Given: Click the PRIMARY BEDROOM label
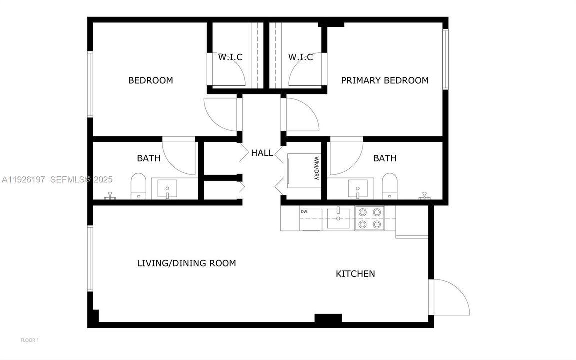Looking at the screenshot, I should coord(385,80).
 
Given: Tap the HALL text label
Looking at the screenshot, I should coord(262,153).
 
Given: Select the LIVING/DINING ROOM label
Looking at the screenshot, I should coord(186,263).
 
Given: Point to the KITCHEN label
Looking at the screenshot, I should coord(355,274).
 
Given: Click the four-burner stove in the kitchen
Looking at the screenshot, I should coord(369,219).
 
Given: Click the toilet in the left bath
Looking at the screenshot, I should coord(138,187).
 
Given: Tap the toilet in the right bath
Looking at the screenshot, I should coord(389,187).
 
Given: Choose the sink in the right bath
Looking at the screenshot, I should coord(358,189).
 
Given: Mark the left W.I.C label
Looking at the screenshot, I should coord(230,57).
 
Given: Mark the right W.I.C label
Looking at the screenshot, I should coord(300,57).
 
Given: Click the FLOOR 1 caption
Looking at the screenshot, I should coord(29,340).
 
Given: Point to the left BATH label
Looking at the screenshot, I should coord(149,158).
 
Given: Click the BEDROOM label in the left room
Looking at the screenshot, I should coord(150,80).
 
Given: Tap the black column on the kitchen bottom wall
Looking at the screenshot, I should coord(328,318).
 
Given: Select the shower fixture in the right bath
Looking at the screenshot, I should coord(425,195).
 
